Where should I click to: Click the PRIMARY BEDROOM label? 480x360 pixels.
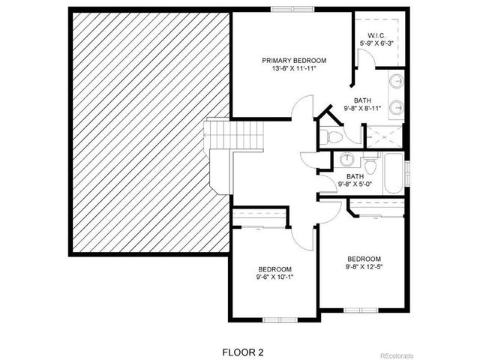click(294, 60)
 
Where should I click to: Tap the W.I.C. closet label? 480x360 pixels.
click(376, 36)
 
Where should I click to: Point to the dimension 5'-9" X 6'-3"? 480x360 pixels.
click(376, 44)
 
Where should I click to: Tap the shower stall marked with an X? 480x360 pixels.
click(383, 135)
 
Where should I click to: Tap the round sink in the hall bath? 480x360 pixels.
click(346, 160)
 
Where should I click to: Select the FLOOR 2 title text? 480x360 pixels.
click(243, 351)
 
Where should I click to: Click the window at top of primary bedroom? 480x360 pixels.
click(282, 9)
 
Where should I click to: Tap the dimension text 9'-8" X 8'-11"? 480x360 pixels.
click(362, 109)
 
